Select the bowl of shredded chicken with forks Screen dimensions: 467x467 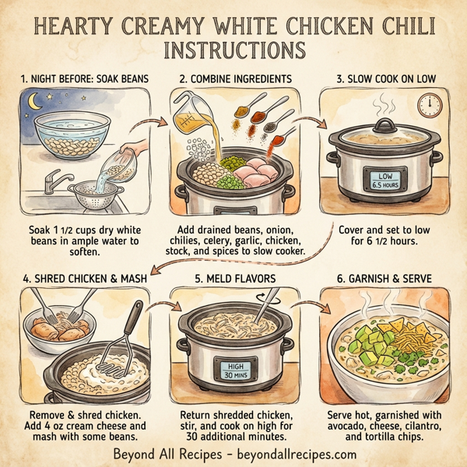click(x=54, y=329)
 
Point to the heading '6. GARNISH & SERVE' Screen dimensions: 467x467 click(x=385, y=279)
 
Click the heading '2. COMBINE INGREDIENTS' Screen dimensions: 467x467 click(x=234, y=79)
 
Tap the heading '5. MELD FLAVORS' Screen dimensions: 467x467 click(x=234, y=279)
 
